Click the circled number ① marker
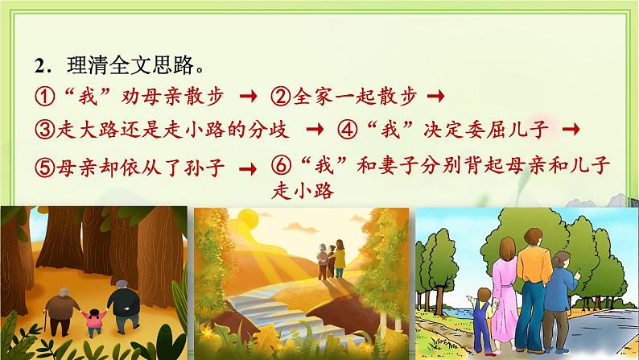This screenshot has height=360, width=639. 45,97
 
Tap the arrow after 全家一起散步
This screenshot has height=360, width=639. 438,97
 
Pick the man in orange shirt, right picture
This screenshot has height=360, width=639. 530,274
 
